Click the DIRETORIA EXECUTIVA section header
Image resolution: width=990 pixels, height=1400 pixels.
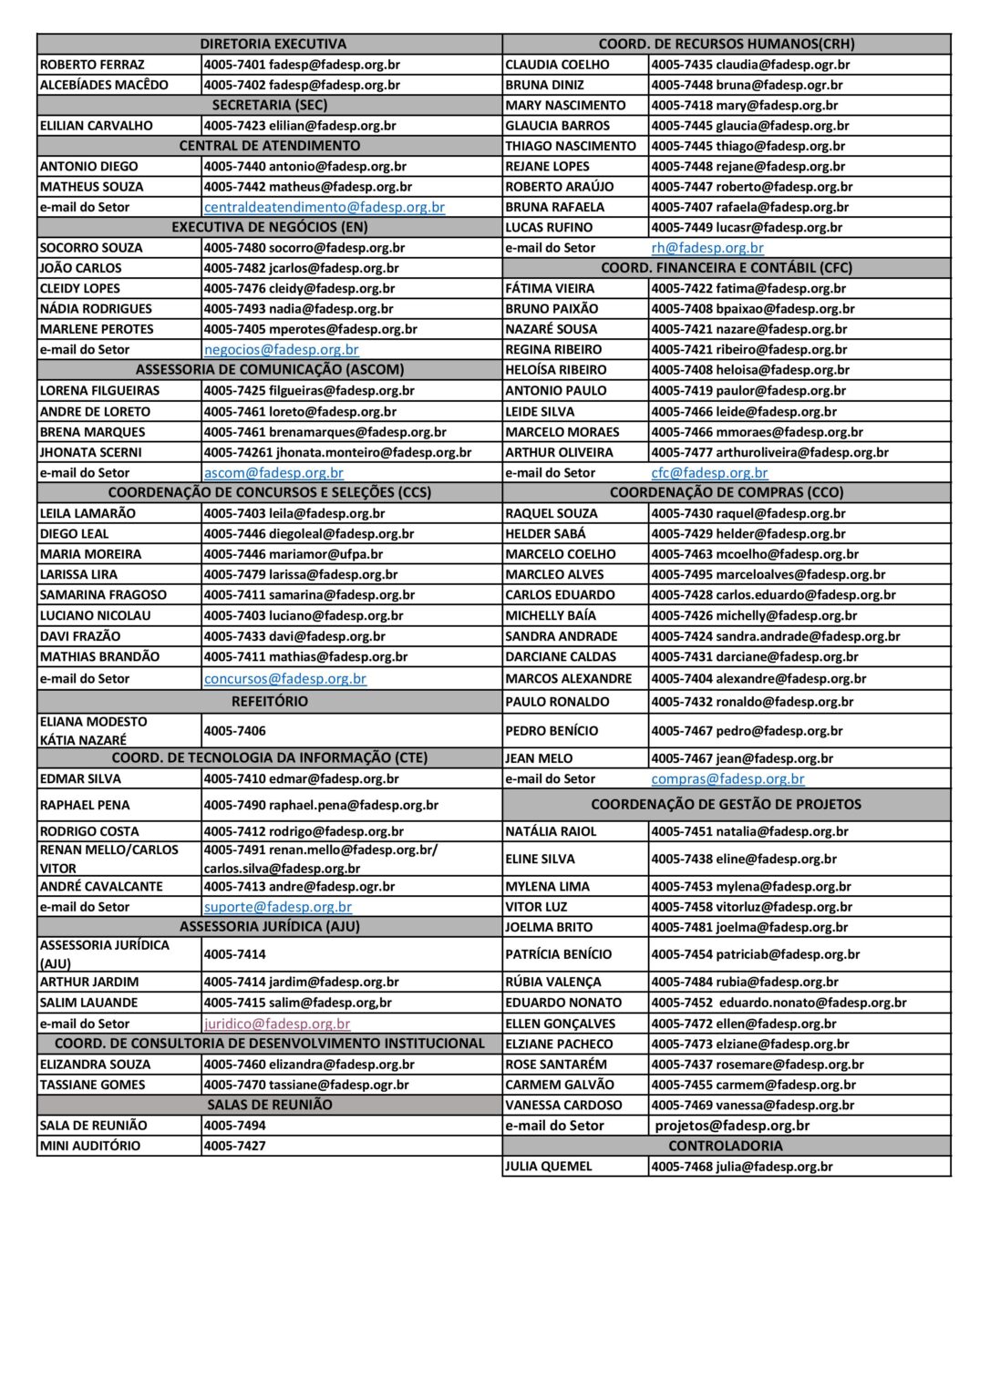[x=273, y=44]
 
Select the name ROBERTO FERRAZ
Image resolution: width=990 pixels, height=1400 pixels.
[x=92, y=65]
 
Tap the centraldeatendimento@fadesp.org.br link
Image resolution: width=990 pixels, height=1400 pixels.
[x=325, y=207]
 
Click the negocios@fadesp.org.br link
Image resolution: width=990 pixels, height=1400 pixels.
[x=282, y=349]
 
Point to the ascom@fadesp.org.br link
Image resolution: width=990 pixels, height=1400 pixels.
[x=273, y=473]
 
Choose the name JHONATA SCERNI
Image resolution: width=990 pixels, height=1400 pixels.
[x=91, y=452]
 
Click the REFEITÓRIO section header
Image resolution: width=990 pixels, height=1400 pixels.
[x=270, y=702]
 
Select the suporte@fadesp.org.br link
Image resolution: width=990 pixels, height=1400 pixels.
[x=278, y=907]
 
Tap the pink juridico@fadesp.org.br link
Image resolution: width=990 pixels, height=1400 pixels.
[x=277, y=1024]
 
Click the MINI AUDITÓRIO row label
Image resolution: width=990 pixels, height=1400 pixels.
[x=90, y=1146]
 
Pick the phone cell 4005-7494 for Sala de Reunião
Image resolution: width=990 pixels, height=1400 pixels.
[x=235, y=1126]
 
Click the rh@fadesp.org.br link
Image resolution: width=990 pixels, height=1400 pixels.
[x=707, y=248]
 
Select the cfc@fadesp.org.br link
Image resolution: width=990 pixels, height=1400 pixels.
[x=709, y=473]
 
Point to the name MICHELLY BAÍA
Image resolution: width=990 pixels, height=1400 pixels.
[x=551, y=615]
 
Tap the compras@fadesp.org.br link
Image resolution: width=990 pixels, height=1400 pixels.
[x=727, y=779]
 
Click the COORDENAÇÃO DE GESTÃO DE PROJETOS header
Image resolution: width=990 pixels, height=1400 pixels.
[x=726, y=805]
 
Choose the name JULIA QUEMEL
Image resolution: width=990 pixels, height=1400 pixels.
[x=549, y=1167]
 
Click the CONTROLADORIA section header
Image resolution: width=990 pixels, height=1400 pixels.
[x=726, y=1146]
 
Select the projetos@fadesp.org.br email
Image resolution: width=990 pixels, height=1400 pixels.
[x=732, y=1126]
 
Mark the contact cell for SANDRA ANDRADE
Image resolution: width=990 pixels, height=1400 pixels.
[x=776, y=636]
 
